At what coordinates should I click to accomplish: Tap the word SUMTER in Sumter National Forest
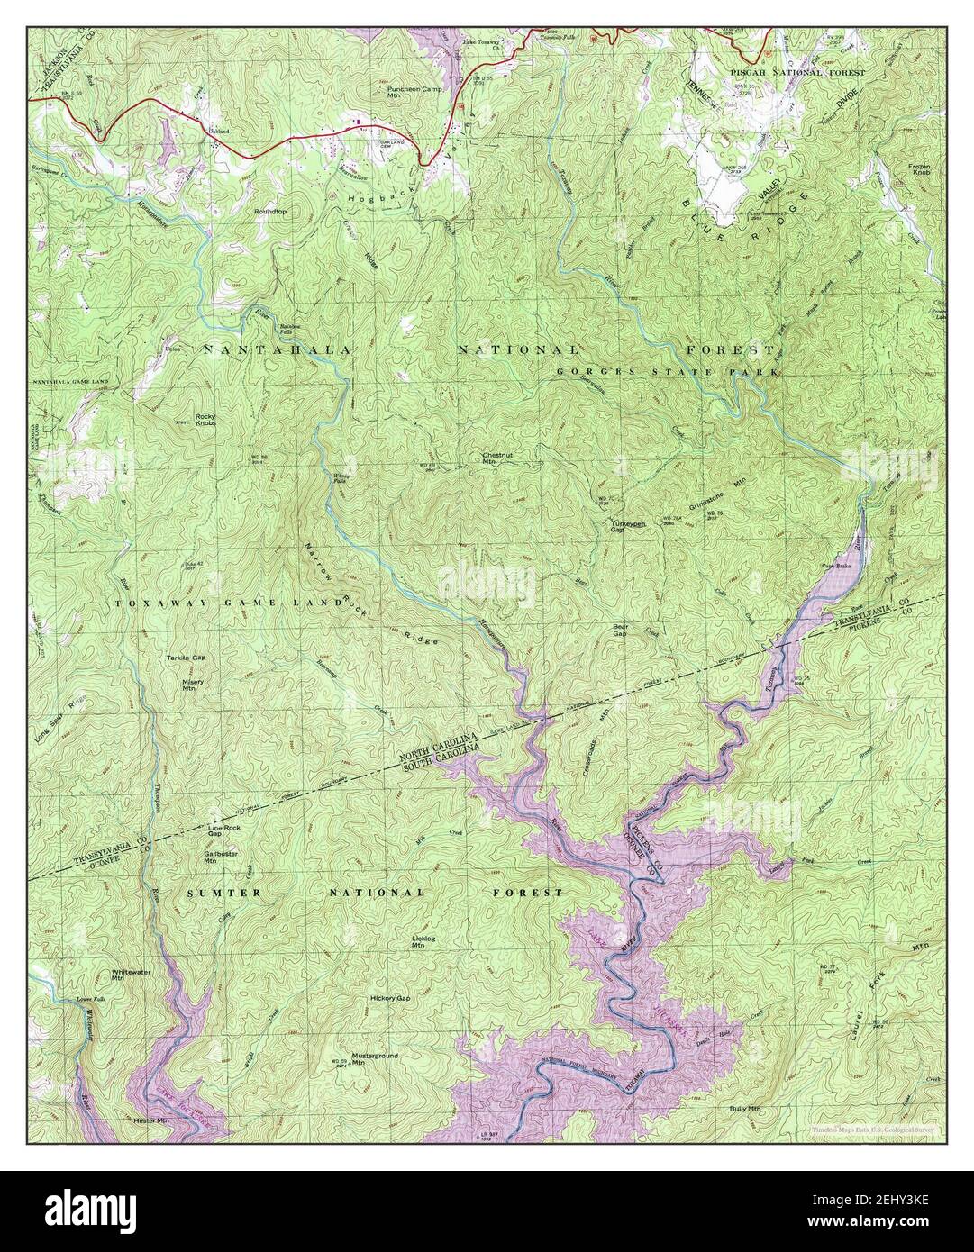[x=215, y=893]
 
